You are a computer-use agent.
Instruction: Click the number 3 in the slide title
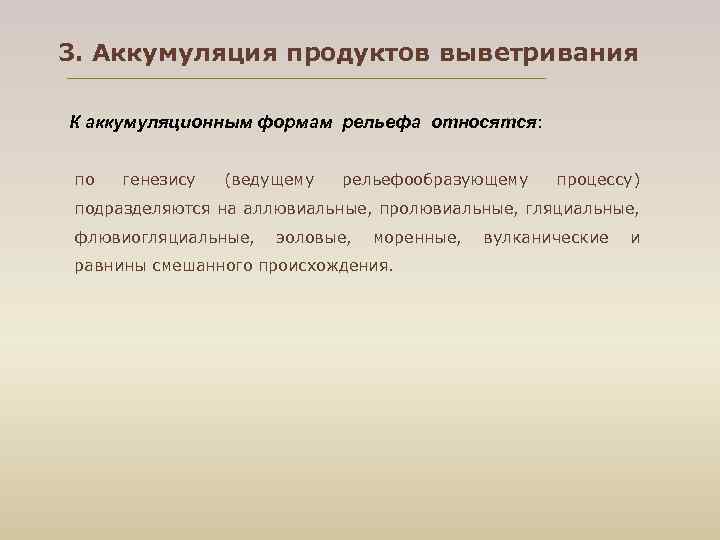coord(66,52)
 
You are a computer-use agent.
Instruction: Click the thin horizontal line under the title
coord(305,78)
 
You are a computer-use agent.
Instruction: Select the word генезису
coord(158,181)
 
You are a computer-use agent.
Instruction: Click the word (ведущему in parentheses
coord(270,181)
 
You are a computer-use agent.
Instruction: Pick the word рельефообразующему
coord(435,181)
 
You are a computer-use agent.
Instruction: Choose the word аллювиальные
coord(306,209)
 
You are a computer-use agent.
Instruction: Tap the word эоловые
coord(313,238)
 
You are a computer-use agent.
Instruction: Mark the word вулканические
coord(545,238)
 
